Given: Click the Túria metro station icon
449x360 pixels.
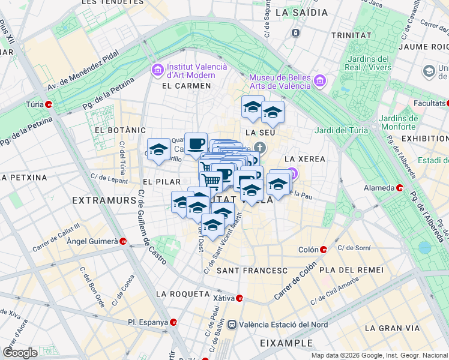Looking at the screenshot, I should (49, 104).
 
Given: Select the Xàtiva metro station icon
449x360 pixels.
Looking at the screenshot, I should (240, 298).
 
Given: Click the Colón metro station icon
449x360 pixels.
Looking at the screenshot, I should (324, 250).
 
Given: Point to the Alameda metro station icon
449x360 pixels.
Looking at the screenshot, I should (400, 188).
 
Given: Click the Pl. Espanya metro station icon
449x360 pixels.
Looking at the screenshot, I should (174, 322).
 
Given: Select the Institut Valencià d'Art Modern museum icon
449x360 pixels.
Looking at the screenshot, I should (158, 71).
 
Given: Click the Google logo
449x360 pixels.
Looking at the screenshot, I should (20, 352).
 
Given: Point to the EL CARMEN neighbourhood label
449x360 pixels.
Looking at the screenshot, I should (187, 86).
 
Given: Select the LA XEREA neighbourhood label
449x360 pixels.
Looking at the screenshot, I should (304, 159).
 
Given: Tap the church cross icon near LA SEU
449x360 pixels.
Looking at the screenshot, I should (259, 148).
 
